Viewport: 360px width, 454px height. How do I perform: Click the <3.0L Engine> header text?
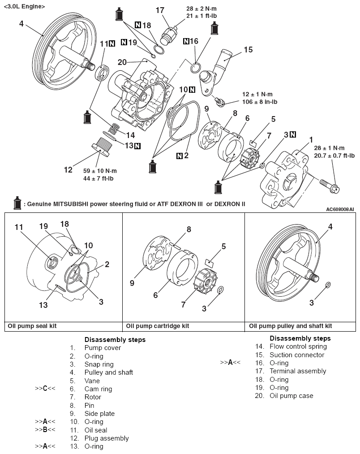coord(24,7)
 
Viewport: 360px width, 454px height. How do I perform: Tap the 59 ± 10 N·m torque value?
coord(101,170)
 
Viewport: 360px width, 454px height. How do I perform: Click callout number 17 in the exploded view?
coord(160,10)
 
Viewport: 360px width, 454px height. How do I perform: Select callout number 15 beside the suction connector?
coord(249,49)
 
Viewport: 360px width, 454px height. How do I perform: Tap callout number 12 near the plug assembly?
coord(68,170)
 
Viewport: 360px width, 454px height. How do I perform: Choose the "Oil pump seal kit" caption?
coord(32,326)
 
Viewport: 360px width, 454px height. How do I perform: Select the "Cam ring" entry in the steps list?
coord(98,389)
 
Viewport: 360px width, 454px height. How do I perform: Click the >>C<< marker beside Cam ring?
coord(45,389)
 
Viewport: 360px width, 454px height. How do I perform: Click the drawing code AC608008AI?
coord(339,209)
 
